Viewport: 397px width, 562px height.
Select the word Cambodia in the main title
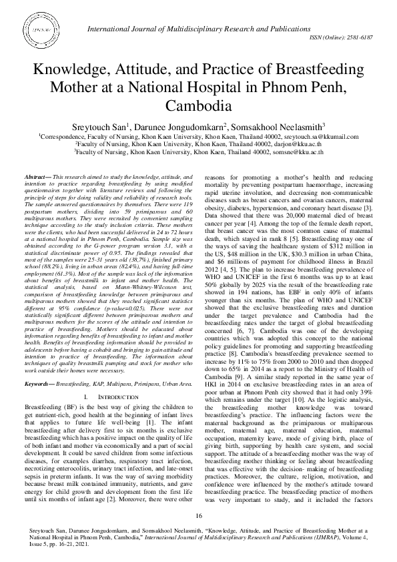coord(198,106)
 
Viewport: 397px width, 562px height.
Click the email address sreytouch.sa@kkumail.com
coord(321,135)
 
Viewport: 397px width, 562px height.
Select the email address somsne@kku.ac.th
coord(295,152)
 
